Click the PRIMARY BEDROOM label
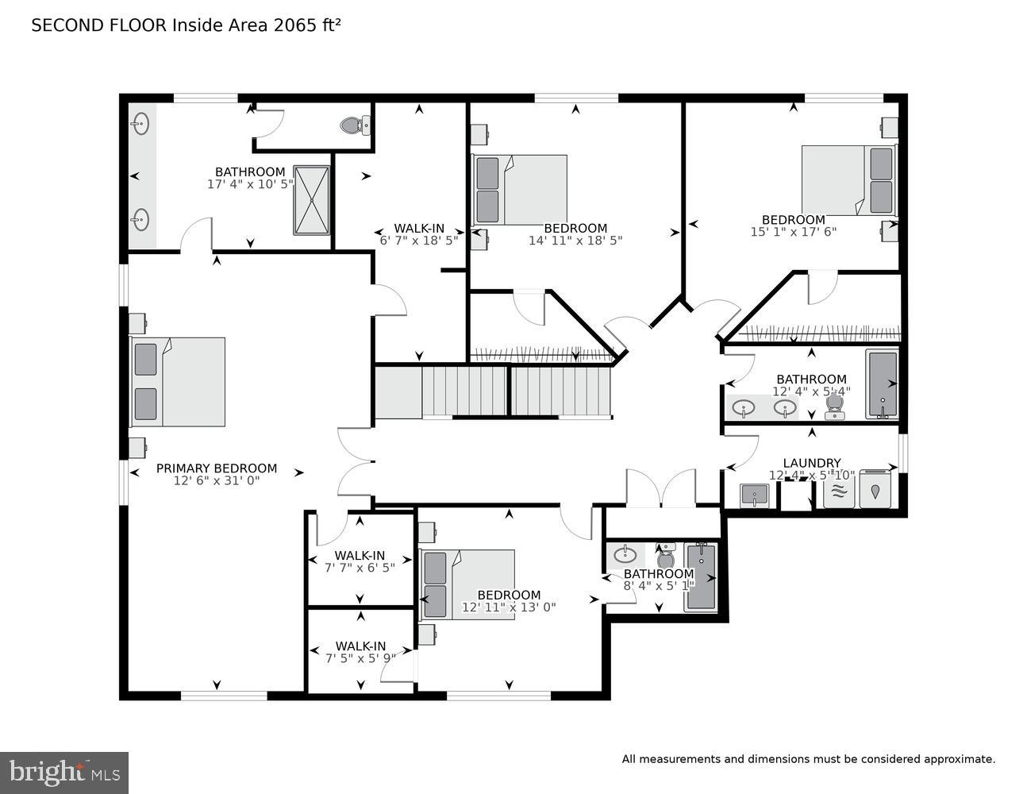tap(216, 468)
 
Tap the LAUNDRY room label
tap(811, 463)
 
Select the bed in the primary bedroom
tap(179, 382)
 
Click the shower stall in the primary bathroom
tap(311, 200)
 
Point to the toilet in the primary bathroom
tap(354, 125)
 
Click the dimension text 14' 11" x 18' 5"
tap(575, 240)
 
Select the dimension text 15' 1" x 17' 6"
tap(793, 232)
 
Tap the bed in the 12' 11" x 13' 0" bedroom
tap(467, 584)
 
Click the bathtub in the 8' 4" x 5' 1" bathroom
tap(701, 577)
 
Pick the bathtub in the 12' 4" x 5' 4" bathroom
tap(882, 384)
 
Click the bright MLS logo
tap(64, 773)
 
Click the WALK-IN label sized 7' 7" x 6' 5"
tap(360, 556)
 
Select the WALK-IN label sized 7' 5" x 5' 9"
tap(360, 646)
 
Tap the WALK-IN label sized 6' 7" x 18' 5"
tap(419, 229)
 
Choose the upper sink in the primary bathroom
tap(141, 123)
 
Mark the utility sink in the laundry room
tap(753, 495)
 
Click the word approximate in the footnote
tap(958, 760)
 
